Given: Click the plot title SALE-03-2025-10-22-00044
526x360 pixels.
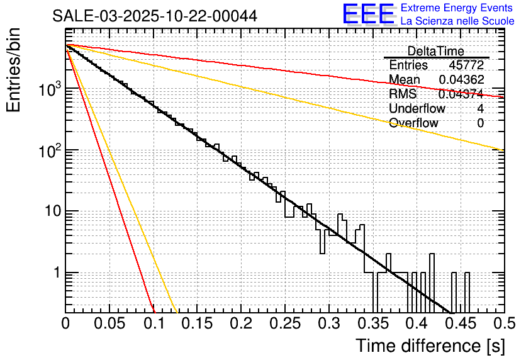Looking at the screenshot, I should coord(155,16).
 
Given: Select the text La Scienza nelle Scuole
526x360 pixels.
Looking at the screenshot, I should coord(457,21).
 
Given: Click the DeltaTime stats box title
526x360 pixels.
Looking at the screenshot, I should coord(435,51).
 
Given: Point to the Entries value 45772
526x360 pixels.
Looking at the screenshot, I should coord(466,65).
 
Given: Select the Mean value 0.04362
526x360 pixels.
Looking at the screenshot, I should coord(461,79).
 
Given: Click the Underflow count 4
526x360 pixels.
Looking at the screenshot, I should coord(480,108).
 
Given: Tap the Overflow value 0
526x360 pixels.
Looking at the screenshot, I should coord(480,123).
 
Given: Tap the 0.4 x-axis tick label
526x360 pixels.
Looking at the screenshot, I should coord(416,324).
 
